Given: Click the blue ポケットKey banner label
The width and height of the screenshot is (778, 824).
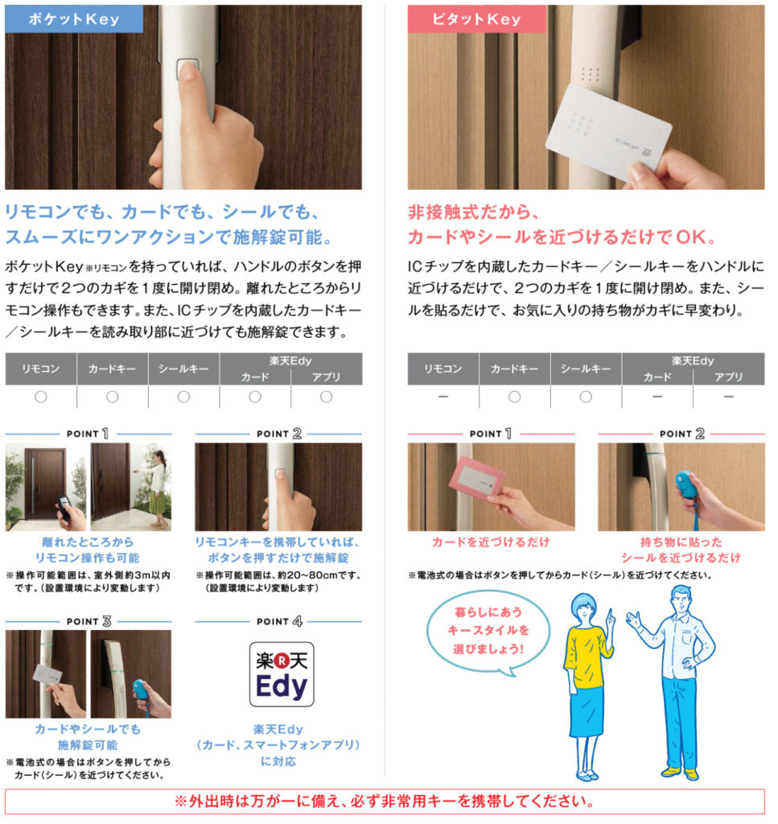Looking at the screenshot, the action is [74, 19].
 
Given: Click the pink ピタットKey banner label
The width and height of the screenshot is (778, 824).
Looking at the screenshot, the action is [476, 19].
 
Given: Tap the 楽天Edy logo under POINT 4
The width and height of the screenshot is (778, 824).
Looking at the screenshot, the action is [282, 674].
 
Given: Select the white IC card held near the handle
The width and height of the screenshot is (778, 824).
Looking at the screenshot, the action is [608, 134].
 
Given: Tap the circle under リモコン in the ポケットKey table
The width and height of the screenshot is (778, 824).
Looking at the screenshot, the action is [41, 397].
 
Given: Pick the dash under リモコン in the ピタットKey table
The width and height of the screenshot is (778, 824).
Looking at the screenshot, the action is [443, 397].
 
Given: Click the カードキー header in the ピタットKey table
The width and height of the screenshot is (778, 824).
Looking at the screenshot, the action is [514, 369].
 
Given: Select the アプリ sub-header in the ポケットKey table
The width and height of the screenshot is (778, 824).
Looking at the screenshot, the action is [326, 377].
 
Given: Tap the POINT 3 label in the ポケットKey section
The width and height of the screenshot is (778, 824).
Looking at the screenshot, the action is [89, 621].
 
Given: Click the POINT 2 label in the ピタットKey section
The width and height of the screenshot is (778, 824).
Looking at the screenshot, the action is [682, 434].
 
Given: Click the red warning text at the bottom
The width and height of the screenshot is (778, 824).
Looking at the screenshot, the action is [385, 801].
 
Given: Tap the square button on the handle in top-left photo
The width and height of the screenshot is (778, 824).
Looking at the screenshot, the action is [187, 68].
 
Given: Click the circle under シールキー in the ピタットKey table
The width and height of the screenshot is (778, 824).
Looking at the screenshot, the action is [586, 397].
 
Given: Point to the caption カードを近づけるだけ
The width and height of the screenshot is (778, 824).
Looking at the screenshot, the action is [491, 542].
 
